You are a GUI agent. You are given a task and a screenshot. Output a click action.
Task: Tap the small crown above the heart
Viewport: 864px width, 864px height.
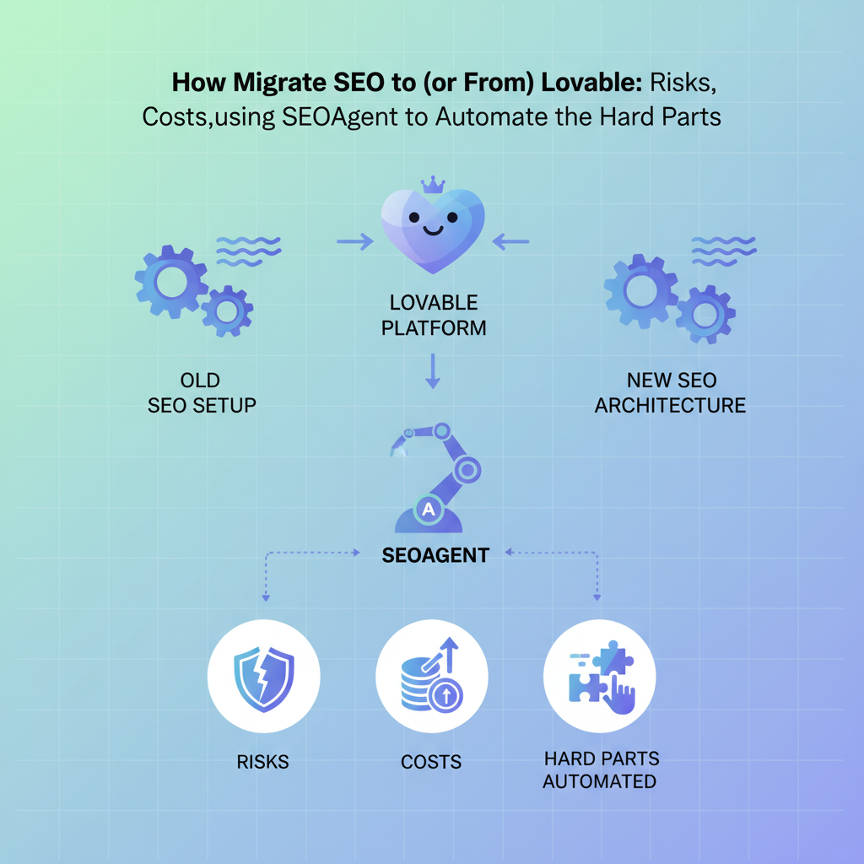(432, 185)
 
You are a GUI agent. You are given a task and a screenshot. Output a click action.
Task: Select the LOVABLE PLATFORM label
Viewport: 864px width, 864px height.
(434, 315)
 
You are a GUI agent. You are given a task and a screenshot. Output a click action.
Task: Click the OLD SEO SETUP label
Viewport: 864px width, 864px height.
(202, 392)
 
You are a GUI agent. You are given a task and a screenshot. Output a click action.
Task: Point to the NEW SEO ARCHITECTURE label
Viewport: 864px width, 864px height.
(670, 392)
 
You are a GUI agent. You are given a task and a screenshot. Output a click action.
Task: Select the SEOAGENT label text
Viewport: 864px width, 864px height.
(435, 554)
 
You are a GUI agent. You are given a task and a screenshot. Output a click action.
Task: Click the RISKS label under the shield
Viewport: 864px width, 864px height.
(263, 762)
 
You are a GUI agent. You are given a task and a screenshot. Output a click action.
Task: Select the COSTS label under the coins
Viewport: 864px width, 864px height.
(431, 762)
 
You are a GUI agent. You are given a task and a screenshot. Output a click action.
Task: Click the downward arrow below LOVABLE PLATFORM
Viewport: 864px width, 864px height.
(433, 370)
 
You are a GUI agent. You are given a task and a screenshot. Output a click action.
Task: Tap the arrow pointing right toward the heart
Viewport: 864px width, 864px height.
(354, 242)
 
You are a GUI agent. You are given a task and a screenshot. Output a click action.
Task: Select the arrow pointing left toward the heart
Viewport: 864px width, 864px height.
(510, 242)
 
